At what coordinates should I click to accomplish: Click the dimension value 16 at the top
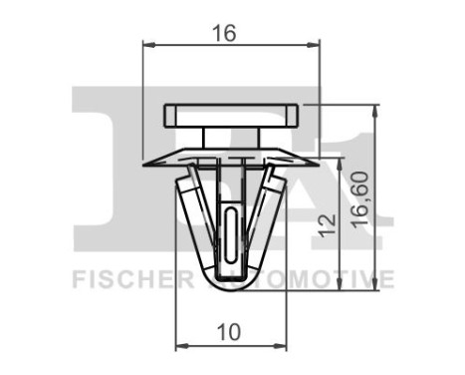pyautogui.click(x=224, y=33)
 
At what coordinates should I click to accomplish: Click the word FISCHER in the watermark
pyautogui.click(x=126, y=278)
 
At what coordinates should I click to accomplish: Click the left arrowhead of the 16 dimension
pyautogui.click(x=149, y=44)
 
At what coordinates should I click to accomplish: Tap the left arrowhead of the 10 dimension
pyautogui.click(x=180, y=347)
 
